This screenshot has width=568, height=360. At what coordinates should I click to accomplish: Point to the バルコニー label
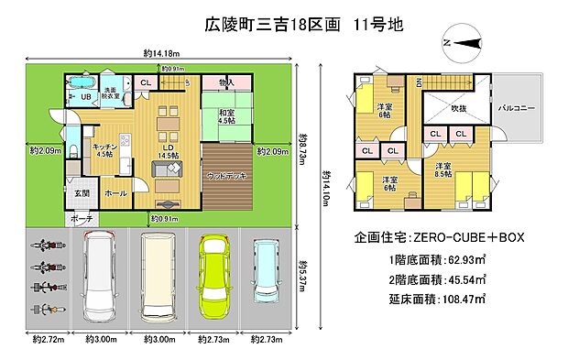(x=516, y=107)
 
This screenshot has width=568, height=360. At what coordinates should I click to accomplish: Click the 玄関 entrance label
(x=82, y=193)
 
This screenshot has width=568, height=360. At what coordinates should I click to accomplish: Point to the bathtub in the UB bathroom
(x=81, y=78)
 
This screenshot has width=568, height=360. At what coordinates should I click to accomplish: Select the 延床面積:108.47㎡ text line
(x=438, y=299)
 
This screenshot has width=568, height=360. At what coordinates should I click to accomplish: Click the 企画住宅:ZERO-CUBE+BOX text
(x=439, y=237)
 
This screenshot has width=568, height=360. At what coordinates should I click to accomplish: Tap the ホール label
(x=115, y=193)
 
